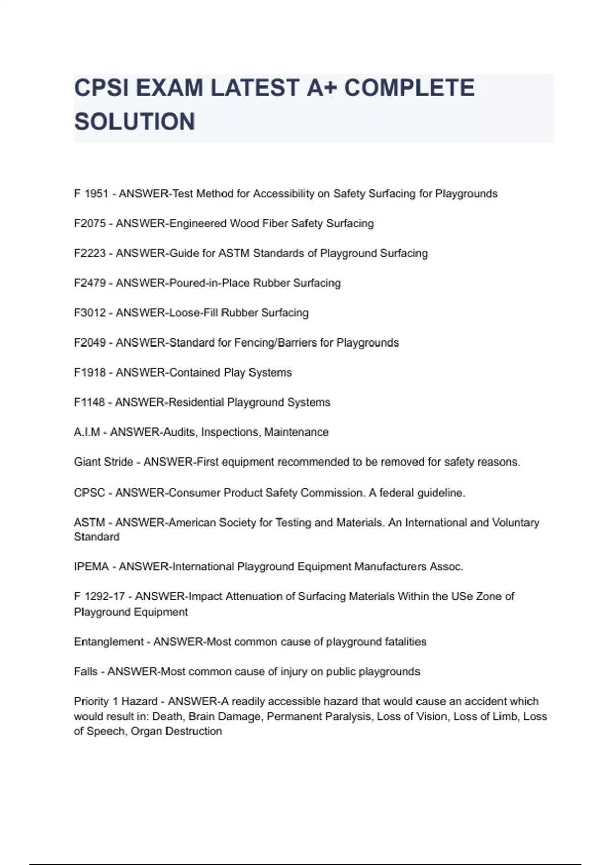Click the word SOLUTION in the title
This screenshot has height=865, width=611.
pyautogui.click(x=134, y=122)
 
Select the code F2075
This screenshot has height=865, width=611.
pyautogui.click(x=90, y=223)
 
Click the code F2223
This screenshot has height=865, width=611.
pyautogui.click(x=90, y=253)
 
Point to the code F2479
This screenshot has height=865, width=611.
pyautogui.click(x=90, y=283)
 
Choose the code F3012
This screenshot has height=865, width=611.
pyautogui.click(x=90, y=313)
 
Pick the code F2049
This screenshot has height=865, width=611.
pyautogui.click(x=90, y=342)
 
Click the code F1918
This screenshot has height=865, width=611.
pyautogui.click(x=90, y=372)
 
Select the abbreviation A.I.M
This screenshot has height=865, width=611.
pyautogui.click(x=87, y=432)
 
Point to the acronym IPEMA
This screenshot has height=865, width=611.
pyautogui.click(x=92, y=567)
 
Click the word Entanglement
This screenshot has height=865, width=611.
pyautogui.click(x=108, y=642)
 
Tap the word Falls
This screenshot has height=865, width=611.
pyautogui.click(x=86, y=672)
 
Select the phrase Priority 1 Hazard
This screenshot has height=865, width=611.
pyautogui.click(x=116, y=701)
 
